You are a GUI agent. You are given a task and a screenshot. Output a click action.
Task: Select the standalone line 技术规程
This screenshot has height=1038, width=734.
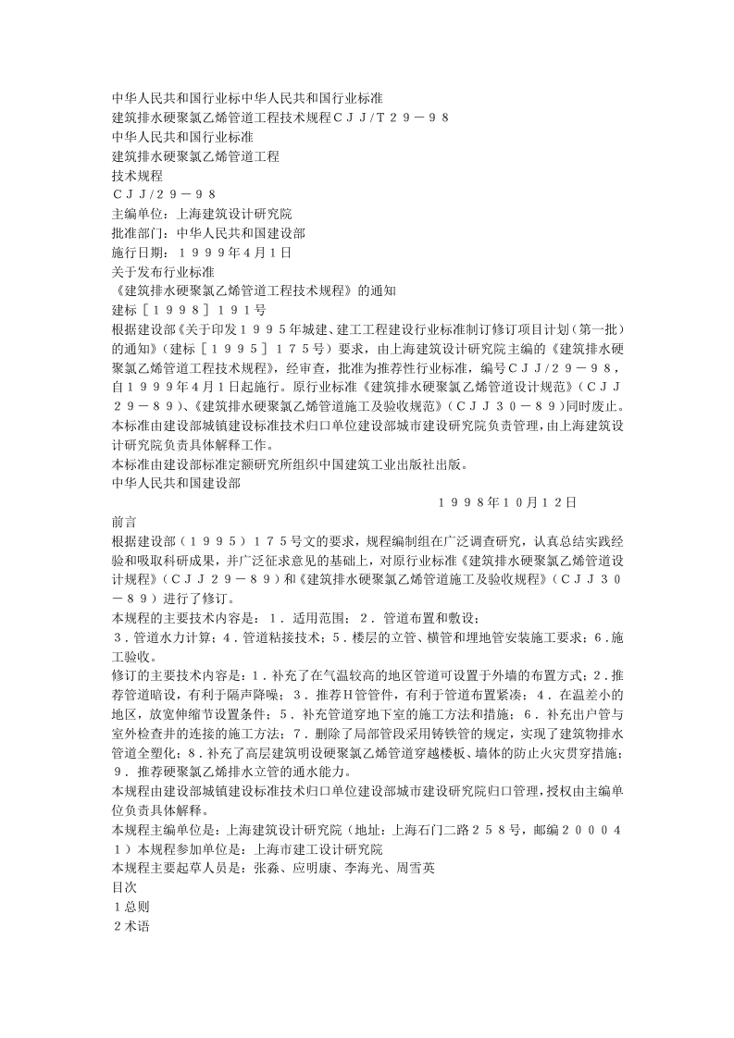[137, 175]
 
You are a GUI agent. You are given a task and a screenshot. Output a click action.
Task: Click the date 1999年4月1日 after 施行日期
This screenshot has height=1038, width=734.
[235, 252]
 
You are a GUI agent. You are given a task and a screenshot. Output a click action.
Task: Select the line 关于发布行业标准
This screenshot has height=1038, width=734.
[163, 271]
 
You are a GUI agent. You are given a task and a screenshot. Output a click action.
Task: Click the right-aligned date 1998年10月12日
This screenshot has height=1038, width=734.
[507, 501]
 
